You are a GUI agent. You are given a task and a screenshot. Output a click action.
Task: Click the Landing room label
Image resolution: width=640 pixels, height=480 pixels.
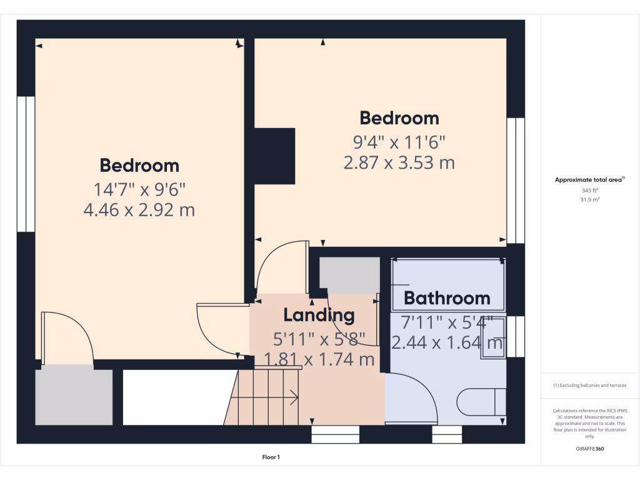click(x=319, y=315)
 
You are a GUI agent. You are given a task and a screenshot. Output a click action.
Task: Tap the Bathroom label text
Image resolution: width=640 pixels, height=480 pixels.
click(x=447, y=298)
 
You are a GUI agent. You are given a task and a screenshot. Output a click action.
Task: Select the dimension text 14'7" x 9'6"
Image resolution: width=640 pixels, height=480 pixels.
click(x=139, y=187)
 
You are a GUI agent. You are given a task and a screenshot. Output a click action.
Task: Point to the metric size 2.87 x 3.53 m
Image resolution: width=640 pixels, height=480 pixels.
click(x=399, y=163)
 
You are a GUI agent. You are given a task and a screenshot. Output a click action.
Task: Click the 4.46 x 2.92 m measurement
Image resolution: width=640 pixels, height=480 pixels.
click(x=139, y=210)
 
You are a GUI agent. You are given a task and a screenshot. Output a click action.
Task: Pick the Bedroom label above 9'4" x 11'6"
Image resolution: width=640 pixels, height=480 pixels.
click(x=399, y=118)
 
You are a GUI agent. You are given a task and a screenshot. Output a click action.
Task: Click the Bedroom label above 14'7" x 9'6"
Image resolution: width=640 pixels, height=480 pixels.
click(x=139, y=166)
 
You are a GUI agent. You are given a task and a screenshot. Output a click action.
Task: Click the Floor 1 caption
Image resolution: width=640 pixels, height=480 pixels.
click(x=271, y=457)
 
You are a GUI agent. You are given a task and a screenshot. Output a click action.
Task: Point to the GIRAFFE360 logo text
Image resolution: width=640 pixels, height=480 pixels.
click(x=589, y=449)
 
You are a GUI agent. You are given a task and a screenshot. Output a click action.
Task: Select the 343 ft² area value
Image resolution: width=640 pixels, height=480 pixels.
click(x=589, y=190)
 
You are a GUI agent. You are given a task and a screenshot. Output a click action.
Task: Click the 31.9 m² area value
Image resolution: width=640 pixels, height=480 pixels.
click(x=589, y=200)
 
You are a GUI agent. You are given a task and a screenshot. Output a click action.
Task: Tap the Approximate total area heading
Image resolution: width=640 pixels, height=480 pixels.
click(x=589, y=180)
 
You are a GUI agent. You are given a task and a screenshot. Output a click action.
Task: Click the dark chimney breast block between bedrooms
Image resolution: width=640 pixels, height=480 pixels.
click(x=274, y=156)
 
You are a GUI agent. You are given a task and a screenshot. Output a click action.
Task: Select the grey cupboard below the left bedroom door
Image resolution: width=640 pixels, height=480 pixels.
click(x=74, y=397)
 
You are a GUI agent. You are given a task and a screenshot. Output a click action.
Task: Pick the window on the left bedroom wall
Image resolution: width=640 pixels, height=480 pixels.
click(x=26, y=164)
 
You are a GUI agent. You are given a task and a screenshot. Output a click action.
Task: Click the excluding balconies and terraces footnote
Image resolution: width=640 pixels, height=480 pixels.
click(x=589, y=386)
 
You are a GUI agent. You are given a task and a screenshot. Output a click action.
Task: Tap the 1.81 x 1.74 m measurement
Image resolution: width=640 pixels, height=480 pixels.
click(x=319, y=360)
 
